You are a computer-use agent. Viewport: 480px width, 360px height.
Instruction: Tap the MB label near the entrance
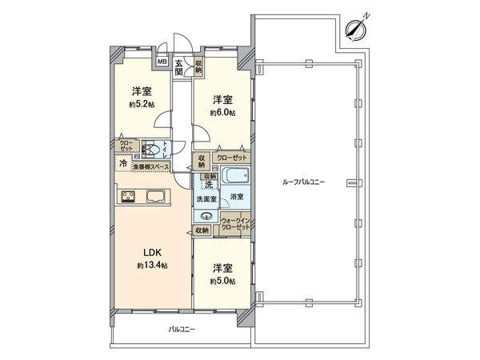[x=162, y=61]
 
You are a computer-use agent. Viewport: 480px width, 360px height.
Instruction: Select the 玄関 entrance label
[x=179, y=65]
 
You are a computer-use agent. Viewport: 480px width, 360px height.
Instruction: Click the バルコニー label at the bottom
[x=183, y=330]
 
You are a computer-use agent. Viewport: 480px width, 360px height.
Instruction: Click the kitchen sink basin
[x=155, y=195]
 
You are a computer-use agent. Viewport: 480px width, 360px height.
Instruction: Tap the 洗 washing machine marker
[x=208, y=185]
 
